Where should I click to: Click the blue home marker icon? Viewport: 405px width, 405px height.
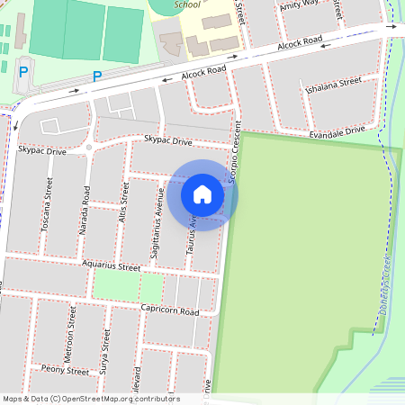[x=202, y=194]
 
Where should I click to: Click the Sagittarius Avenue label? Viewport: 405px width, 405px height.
[x=157, y=231]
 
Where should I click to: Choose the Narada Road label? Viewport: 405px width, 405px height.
[x=85, y=211]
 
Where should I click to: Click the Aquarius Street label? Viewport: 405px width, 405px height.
[x=111, y=266]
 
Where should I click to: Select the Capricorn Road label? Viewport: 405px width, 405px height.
[x=169, y=310]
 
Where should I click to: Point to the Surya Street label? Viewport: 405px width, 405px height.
[x=106, y=351]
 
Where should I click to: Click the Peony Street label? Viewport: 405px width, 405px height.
[x=64, y=371]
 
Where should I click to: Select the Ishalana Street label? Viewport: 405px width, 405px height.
[x=333, y=85]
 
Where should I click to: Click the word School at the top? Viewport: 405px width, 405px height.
[x=187, y=4]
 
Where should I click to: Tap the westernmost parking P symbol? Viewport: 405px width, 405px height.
[x=23, y=71]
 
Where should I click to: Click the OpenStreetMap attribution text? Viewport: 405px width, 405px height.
[x=91, y=398]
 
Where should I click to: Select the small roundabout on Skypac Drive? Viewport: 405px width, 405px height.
[x=89, y=146]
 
